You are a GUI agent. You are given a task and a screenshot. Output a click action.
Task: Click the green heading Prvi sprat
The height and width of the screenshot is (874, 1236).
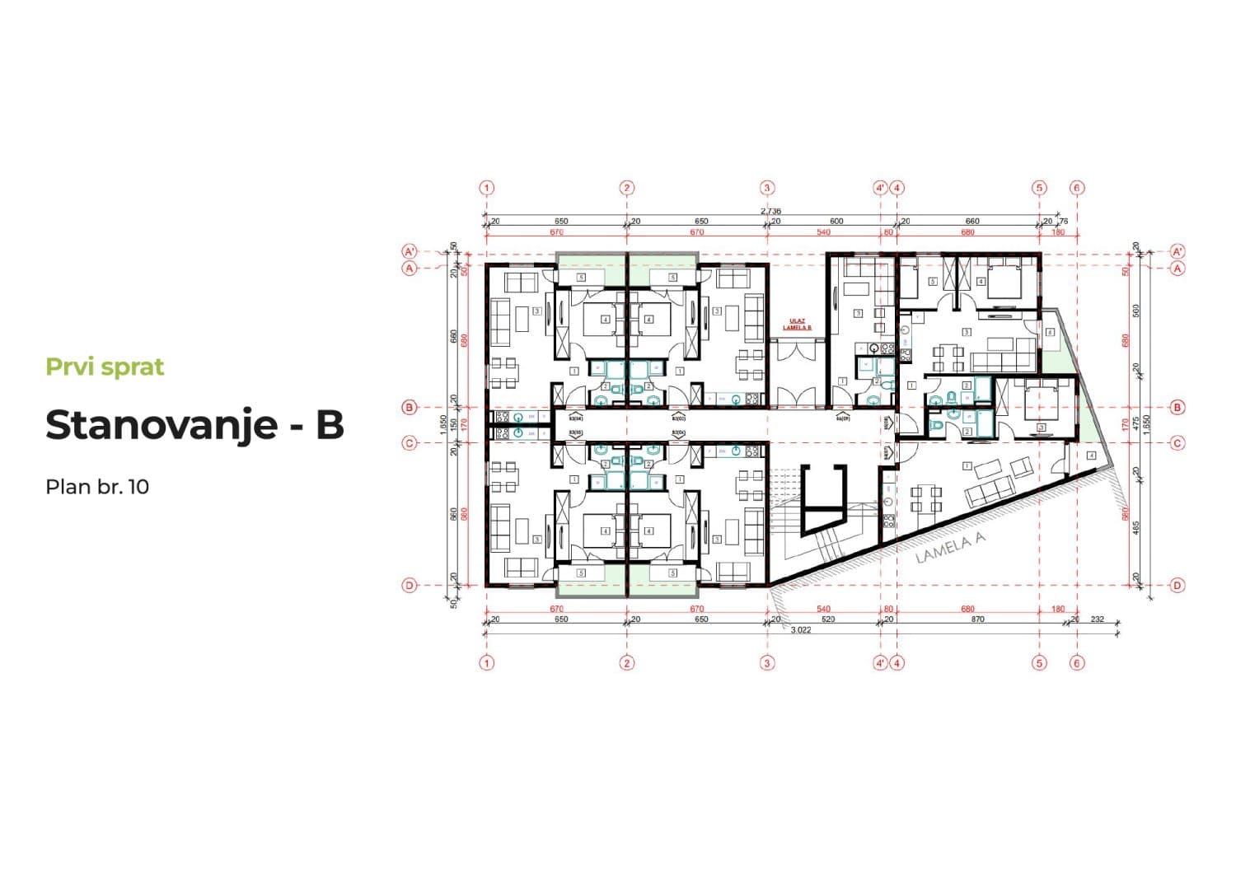(x=105, y=367)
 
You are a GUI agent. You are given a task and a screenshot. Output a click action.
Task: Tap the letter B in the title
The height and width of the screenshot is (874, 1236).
(x=329, y=425)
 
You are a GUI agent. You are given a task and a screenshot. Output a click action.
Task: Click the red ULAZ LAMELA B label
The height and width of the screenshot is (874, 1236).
(x=797, y=324)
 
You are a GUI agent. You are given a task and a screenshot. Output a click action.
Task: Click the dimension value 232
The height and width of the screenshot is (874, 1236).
(x=1097, y=619)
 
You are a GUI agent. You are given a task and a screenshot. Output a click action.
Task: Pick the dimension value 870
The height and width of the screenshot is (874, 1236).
(x=977, y=619)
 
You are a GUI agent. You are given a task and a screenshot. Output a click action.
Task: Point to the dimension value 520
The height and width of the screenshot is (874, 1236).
(x=827, y=619)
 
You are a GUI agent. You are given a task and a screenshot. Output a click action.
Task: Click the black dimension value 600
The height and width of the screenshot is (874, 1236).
(x=836, y=222)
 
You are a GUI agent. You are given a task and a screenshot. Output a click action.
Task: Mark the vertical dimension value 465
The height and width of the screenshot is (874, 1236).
(x=1136, y=527)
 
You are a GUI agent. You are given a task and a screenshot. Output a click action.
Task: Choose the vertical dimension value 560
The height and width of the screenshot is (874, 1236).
(x=1136, y=311)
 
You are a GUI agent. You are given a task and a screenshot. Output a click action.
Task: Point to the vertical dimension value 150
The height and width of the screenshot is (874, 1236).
(x=453, y=424)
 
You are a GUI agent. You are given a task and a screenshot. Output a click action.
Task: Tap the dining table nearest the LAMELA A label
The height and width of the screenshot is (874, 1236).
(x=925, y=498)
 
